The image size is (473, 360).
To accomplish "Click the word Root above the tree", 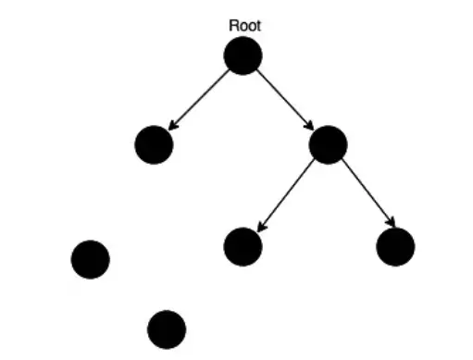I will point(244,26).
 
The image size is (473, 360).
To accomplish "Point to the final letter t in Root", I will point(257,26).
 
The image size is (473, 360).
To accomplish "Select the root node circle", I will point(243,56).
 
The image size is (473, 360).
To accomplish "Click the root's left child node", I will point(154,145).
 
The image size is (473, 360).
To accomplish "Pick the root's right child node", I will point(328,144).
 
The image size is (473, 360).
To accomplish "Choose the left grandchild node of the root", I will point(243,246).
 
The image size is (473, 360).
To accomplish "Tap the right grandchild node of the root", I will point(395,246).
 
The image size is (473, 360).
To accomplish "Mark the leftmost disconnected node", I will point(90,258).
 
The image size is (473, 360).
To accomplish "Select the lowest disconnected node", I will point(167,329).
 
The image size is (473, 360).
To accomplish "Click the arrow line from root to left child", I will point(200,99).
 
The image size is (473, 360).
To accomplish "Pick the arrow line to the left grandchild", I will point(287,193).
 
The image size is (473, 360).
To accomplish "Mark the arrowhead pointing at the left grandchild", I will point(261,227).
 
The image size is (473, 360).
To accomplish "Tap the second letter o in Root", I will point(251,27).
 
